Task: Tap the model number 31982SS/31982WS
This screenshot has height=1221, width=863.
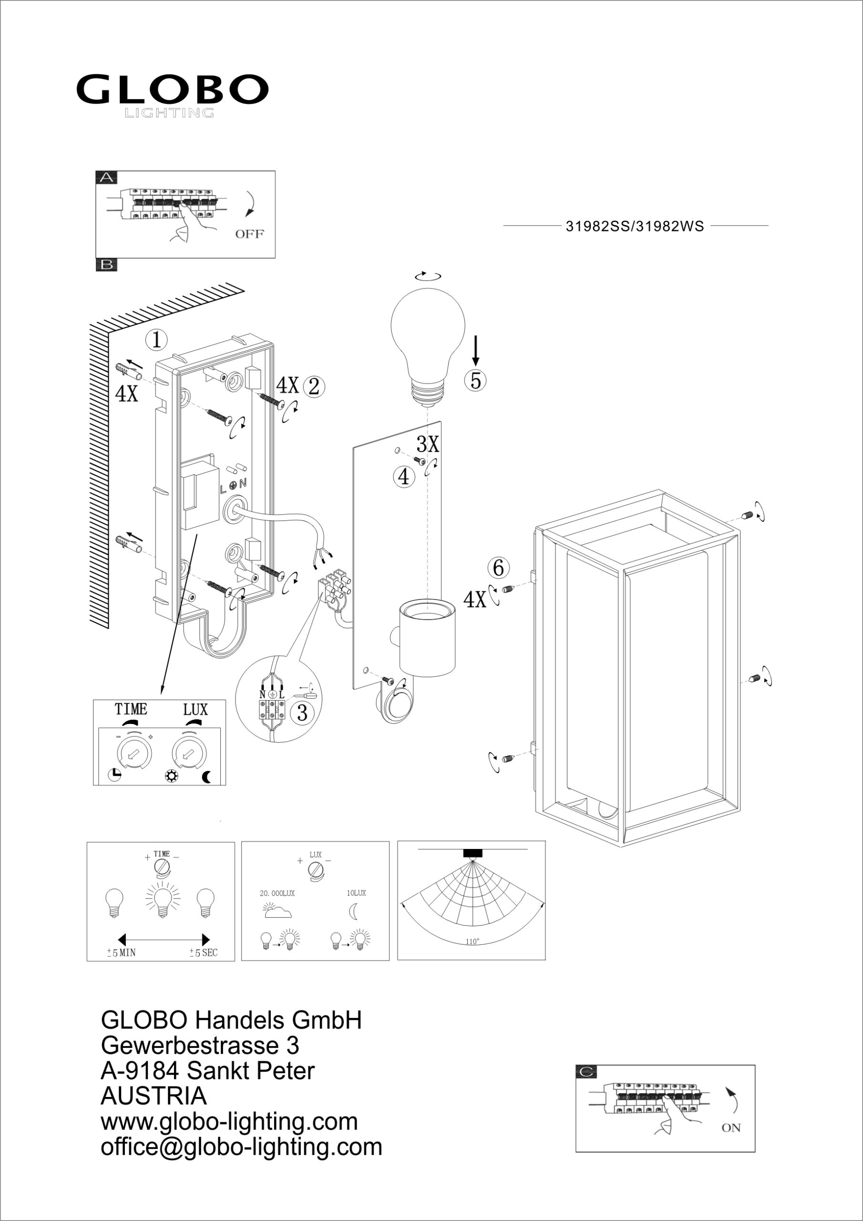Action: tap(635, 227)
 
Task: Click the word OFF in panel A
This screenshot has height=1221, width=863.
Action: tap(249, 234)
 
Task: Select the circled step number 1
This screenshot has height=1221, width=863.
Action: tap(157, 340)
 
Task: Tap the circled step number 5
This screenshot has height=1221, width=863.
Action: tap(475, 380)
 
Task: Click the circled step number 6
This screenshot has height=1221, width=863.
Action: tap(498, 568)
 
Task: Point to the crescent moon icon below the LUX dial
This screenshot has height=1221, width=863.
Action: tap(207, 777)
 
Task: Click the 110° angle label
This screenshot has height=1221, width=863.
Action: tap(472, 942)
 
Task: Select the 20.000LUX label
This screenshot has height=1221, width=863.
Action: tap(277, 893)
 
